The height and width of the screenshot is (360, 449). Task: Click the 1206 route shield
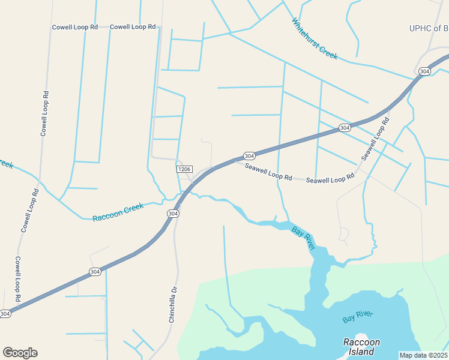[x=184, y=170]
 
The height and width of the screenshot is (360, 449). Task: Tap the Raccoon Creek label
[x=118, y=212]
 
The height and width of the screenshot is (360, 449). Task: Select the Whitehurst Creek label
[x=315, y=39]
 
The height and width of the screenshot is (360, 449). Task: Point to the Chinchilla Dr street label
[x=173, y=304]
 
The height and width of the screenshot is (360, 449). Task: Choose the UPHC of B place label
[x=429, y=28]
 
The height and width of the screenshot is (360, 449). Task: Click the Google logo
[x=20, y=353]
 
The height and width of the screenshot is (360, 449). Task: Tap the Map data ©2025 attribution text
[x=424, y=355]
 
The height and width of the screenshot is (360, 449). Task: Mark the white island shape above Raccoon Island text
[x=361, y=337]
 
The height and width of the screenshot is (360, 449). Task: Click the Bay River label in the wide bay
[x=358, y=317]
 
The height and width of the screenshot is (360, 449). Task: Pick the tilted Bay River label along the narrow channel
[x=303, y=238]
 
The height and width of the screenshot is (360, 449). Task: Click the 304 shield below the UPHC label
[x=424, y=71]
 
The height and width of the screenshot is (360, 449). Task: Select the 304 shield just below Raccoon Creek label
[x=173, y=214]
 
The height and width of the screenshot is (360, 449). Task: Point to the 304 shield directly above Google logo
[x=5, y=314]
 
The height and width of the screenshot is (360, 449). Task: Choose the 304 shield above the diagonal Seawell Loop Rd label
[x=344, y=128]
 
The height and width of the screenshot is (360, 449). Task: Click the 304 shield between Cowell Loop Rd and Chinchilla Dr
[x=95, y=272]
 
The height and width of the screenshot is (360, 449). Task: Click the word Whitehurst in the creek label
[x=306, y=32]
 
